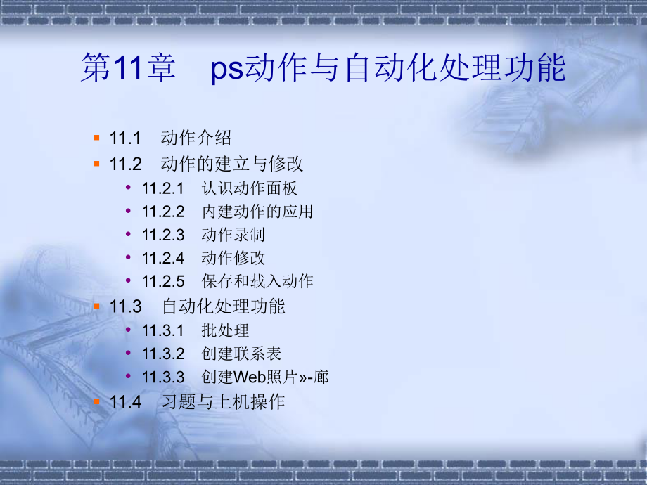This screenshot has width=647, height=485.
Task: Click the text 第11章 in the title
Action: coord(127,70)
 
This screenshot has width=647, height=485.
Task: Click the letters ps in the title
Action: coord(226,71)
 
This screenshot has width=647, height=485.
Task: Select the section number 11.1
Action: coord(126,138)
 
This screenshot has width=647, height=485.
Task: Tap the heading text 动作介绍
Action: coord(196,138)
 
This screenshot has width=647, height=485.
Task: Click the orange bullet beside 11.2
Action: coord(96,163)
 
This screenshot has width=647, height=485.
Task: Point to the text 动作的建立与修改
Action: coord(232,164)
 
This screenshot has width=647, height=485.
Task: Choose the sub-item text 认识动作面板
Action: coord(249,188)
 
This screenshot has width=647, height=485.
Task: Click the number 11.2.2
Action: coord(162,212)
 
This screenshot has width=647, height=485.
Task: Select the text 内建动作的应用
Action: coord(257,212)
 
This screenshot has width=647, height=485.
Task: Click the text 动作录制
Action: coord(233,235)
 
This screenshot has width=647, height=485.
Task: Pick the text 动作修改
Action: coord(233,258)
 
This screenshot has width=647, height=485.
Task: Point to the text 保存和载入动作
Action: coord(257,281)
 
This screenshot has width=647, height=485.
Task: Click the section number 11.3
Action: coord(126,306)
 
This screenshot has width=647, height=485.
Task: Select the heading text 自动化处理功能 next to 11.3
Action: coord(224,306)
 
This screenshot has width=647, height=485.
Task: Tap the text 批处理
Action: coord(225,330)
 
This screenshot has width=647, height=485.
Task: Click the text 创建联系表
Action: coord(241,354)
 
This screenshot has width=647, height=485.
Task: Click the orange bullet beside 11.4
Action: coord(96,401)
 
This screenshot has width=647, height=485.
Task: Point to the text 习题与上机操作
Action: coord(223,402)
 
